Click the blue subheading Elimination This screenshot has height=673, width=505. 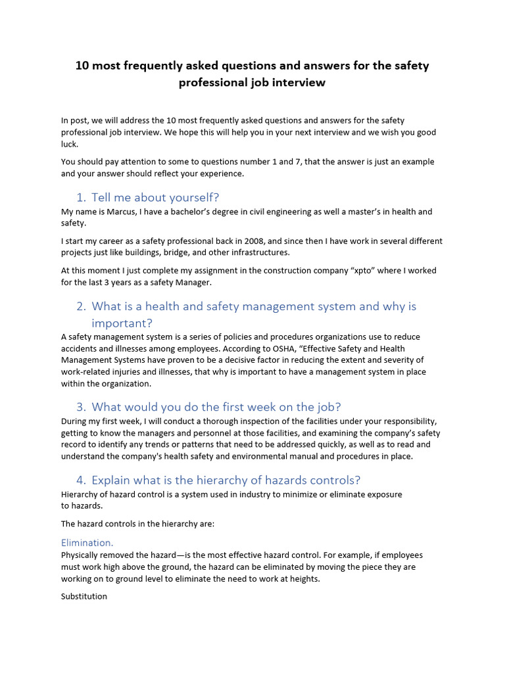click(x=87, y=543)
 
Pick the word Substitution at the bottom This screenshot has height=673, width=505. click(x=84, y=596)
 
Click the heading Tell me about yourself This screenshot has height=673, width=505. click(x=155, y=197)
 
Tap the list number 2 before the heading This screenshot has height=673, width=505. click(x=80, y=306)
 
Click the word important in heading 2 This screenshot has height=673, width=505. click(x=122, y=323)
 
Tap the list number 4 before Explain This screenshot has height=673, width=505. click(x=80, y=480)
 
